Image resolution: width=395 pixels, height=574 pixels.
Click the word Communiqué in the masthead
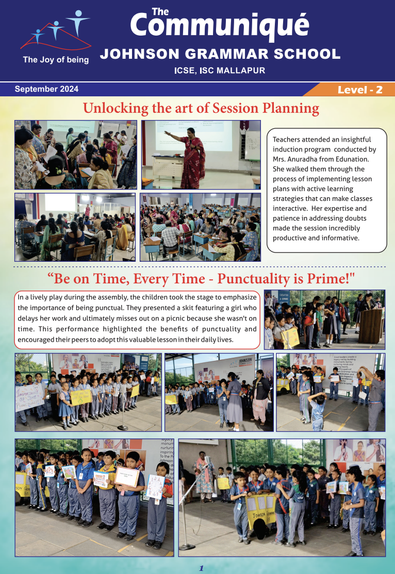click(220, 25)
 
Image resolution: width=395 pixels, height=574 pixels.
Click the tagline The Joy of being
click(56, 60)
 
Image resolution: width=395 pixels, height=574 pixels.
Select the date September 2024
click(46, 89)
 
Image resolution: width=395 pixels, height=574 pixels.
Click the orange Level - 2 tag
click(359, 90)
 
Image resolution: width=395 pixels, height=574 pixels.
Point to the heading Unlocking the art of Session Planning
click(201, 109)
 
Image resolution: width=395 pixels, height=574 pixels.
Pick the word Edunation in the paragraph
click(355, 159)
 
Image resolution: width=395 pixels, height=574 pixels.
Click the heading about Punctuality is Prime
click(201, 279)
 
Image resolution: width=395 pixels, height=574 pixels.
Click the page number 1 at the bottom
click(202, 568)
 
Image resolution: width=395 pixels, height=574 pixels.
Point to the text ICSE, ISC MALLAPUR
click(220, 71)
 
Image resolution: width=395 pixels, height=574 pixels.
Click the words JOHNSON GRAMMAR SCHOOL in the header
click(220, 54)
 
